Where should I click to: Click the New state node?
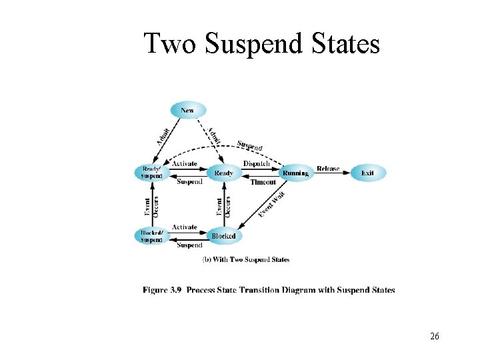[188, 110]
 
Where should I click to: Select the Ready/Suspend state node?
[151, 173]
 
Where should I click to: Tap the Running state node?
[295, 173]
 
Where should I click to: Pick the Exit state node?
[367, 173]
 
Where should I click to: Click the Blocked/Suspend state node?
[151, 236]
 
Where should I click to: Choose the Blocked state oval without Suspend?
[223, 236]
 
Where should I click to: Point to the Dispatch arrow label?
[256, 164]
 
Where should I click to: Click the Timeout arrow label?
[263, 182]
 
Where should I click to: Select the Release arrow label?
[328, 169]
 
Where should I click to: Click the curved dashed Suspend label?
[249, 145]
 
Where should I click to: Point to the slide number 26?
[434, 336]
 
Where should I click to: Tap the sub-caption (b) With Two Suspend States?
[245, 259]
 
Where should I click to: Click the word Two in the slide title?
[172, 44]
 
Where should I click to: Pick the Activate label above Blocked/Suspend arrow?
[185, 227]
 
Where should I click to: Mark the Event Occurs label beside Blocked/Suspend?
[151, 205]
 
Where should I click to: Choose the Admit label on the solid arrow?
[162, 137]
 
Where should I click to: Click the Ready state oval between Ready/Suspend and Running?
[223, 173]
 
